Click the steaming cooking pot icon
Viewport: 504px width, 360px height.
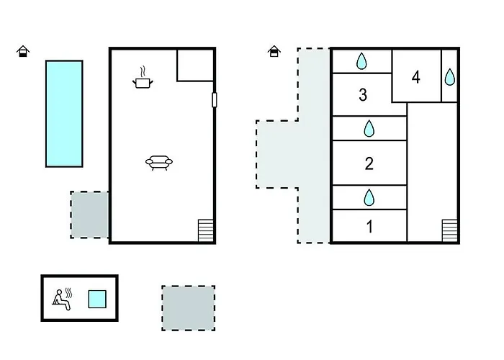[x=143, y=78]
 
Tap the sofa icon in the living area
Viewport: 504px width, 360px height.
[x=159, y=163]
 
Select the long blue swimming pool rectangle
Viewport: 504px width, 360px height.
[x=64, y=114]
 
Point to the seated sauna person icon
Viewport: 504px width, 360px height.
[x=62, y=300]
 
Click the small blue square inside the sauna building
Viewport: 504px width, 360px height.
[x=97, y=300]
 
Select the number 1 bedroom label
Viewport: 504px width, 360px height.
[x=369, y=227]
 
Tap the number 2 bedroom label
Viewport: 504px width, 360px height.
[x=369, y=163]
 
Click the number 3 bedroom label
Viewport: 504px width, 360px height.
[x=363, y=95]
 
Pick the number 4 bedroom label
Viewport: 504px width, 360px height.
[x=416, y=78]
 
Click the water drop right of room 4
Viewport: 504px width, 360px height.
[x=450, y=77]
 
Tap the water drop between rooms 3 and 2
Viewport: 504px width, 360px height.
[x=369, y=129]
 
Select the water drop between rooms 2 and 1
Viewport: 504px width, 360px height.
[x=369, y=197]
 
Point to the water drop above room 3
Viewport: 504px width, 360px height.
[x=362, y=61]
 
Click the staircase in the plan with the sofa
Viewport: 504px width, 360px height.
[x=206, y=230]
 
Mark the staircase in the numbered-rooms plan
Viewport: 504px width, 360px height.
[x=450, y=230]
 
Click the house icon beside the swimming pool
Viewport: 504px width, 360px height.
[x=23, y=51]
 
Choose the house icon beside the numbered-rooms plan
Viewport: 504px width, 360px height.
[x=274, y=51]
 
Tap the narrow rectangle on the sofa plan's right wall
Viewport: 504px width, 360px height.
[x=215, y=99]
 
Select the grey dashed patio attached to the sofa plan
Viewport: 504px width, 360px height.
[x=89, y=215]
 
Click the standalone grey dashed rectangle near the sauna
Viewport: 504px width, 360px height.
[x=189, y=308]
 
